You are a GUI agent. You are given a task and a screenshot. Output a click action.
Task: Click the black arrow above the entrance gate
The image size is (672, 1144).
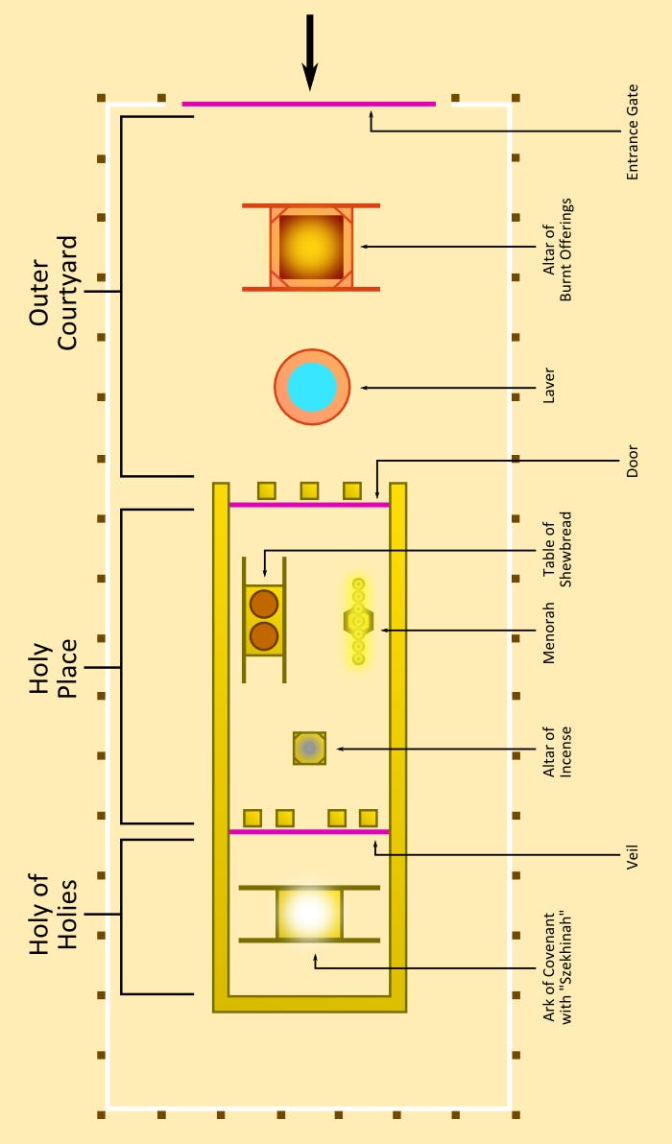click(309, 53)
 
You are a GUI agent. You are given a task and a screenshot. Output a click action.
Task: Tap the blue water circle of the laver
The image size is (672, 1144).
click(312, 388)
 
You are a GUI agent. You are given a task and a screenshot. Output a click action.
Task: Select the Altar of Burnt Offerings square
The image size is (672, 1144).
click(311, 247)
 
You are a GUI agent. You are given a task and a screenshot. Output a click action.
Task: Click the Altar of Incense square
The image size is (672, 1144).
click(309, 748)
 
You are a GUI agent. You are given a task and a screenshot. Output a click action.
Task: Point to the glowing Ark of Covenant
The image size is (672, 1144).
click(309, 914)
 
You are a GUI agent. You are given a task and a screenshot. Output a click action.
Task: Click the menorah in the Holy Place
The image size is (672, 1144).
click(358, 621)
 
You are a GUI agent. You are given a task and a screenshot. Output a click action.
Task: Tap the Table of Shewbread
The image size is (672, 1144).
click(264, 620)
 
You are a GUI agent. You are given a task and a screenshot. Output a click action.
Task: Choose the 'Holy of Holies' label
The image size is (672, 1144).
click(54, 915)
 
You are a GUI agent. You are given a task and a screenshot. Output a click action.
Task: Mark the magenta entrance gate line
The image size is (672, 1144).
click(309, 104)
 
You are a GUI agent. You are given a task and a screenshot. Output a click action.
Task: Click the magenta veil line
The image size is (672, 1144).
click(309, 831)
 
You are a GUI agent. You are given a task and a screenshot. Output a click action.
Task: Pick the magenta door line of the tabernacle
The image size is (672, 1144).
click(309, 504)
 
